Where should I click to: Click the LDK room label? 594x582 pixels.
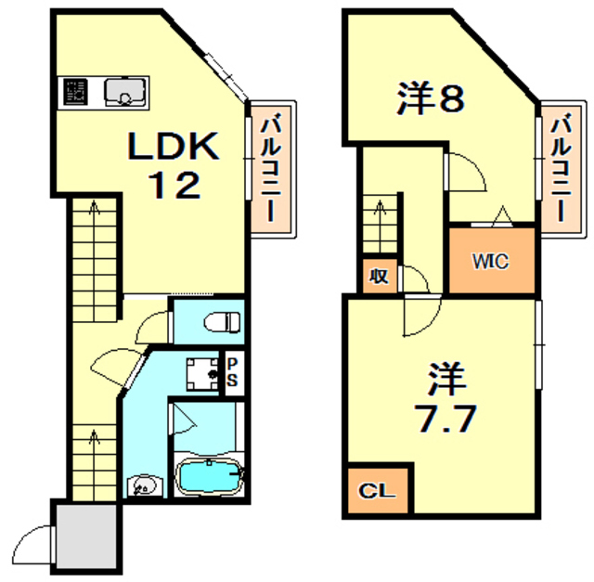tap(173, 147)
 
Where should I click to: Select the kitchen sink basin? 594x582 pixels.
tap(123, 92)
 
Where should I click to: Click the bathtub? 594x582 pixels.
tap(209, 477)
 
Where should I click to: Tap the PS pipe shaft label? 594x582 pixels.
tap(233, 371)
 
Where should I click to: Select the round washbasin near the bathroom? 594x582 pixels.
tap(143, 485)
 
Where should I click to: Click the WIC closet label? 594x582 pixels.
tap(492, 261)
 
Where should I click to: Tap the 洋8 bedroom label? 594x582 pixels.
tap(431, 99)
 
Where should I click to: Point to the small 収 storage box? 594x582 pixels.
tap(378, 275)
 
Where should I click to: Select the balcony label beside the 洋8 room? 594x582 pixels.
tap(561, 166)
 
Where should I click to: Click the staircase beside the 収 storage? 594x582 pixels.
tap(381, 224)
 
